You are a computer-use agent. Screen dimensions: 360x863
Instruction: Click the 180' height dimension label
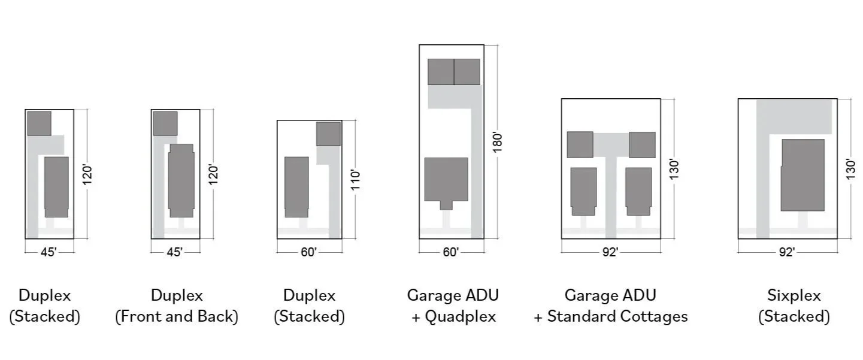pos(495,142)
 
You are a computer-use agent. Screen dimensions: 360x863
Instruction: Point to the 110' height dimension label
pos(356,180)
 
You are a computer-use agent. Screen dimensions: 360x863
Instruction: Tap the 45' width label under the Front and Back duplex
pos(174,252)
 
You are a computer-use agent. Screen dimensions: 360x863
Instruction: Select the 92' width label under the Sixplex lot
pos(786,252)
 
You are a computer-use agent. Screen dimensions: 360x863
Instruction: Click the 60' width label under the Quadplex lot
pos(450,252)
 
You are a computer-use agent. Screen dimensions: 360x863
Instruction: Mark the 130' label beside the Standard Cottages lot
pos(674,170)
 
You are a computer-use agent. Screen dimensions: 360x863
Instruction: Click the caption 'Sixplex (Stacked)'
pos(794,305)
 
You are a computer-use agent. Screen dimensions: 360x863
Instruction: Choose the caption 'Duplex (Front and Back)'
pos(177,305)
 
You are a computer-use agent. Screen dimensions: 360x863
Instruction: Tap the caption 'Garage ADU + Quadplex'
pos(453,305)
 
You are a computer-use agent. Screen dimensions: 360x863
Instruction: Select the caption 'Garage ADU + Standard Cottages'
pos(610,305)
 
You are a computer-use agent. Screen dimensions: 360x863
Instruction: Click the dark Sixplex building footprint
pos(803,175)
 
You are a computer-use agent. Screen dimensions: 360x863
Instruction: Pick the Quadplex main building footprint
pos(446,179)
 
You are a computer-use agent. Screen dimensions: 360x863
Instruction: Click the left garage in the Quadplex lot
pos(441,72)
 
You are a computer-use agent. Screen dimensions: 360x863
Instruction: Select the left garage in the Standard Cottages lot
pos(580,145)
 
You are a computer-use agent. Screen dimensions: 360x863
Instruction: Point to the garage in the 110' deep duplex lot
pos(328,134)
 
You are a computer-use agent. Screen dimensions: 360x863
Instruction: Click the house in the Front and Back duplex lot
pos(181,180)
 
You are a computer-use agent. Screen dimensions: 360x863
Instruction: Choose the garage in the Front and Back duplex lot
pos(165,123)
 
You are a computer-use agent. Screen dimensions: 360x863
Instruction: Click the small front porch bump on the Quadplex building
pos(446,205)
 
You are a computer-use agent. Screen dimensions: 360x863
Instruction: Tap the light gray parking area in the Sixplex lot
pos(794,117)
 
